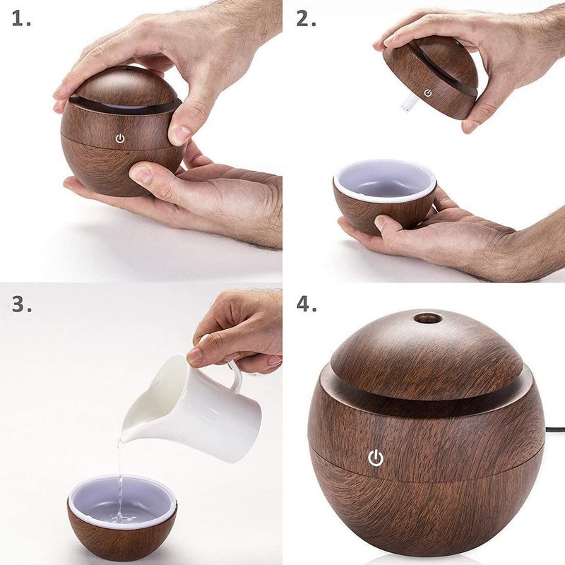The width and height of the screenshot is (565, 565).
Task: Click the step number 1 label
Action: pyautogui.click(x=21, y=19)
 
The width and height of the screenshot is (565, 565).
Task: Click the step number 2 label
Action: pyautogui.click(x=306, y=19)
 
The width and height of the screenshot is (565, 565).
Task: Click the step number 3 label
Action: pyautogui.click(x=21, y=304)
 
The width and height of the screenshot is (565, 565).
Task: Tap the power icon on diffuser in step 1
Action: pyautogui.click(x=120, y=138)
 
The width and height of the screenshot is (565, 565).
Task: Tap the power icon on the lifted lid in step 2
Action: pyautogui.click(x=428, y=93)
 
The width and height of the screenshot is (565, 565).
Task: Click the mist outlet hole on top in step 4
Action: pyautogui.click(x=427, y=318)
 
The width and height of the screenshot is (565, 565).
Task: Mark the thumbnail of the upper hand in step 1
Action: pyautogui.click(x=181, y=133)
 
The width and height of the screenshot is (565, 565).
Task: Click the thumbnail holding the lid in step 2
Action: pyautogui.click(x=471, y=125)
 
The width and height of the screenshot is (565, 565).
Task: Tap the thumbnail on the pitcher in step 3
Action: pyautogui.click(x=195, y=356)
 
